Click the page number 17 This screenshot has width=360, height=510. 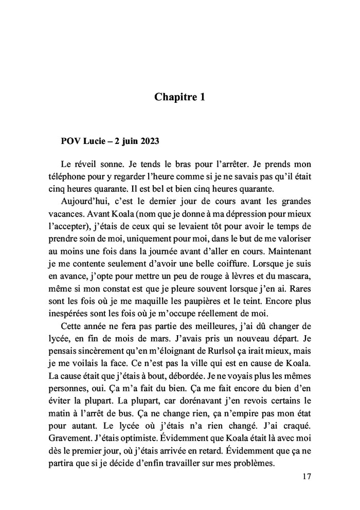tap(307, 477)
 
